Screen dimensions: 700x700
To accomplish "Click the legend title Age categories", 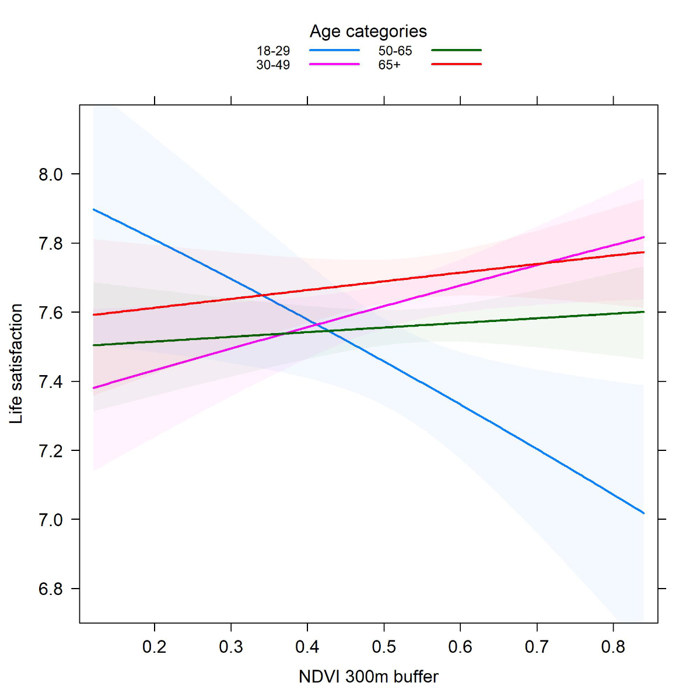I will pos(368,32).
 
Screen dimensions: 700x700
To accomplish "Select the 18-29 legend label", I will pos(273,51).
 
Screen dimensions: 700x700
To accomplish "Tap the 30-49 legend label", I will pos(273,65).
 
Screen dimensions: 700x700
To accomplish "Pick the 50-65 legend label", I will pos(395,51).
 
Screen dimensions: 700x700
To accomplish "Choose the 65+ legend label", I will pos(389,65).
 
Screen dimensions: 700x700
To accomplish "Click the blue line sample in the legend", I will pos(334,51).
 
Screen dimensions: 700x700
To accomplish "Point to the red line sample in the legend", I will pos(456,64).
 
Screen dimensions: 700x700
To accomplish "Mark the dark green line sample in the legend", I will pos(456,51).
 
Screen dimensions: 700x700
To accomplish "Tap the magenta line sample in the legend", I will pos(334,64).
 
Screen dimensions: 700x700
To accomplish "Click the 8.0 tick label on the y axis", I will pos(51,174).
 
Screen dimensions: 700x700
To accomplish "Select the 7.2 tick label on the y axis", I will pos(51,451).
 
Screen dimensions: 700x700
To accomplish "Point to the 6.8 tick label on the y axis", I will pos(51,589).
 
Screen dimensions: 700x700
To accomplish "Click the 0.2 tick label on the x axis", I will pos(155,647).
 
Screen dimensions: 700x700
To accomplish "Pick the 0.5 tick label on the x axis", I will pos(384,647).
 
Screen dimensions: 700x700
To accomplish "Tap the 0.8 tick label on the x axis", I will pos(613,647).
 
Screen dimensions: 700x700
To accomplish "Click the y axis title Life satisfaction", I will pos(16,363).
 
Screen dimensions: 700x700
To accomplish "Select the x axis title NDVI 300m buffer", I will pos(368,677).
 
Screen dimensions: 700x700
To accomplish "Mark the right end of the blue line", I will pos(643,513).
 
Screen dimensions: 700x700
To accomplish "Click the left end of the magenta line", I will pos(93,388).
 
